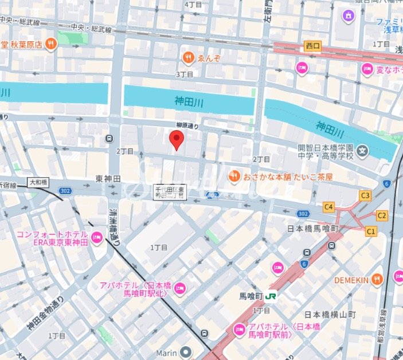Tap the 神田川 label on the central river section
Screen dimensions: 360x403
pos(189,101)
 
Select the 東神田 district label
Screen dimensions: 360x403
pos(108,179)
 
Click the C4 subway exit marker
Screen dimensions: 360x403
pos(328,206)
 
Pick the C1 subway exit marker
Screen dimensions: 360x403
pos(371,231)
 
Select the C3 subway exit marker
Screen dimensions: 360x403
pos(365,195)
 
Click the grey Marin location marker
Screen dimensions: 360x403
pos(185,351)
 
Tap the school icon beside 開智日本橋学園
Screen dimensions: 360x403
pos(362,152)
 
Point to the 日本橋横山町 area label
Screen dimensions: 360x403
pos(330,315)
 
